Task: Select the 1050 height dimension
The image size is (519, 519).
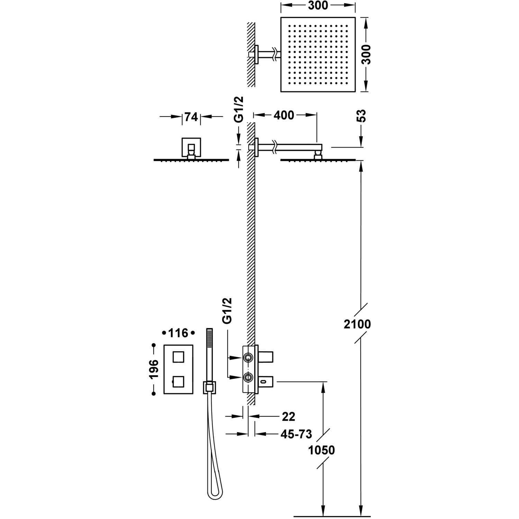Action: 322,450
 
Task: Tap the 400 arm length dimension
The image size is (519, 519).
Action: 284,115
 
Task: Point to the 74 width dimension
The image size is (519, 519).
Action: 191,117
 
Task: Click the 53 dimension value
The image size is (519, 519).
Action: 361,116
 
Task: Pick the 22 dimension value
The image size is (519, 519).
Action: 289,417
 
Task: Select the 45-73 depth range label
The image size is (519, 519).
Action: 296,434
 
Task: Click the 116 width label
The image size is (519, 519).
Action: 178,333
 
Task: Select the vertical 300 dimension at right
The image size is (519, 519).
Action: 367,54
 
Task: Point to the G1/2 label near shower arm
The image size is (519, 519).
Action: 239,109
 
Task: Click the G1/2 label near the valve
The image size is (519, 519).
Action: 227,311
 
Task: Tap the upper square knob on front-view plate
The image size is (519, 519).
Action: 179,356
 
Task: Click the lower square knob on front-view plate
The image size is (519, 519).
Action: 179,382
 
